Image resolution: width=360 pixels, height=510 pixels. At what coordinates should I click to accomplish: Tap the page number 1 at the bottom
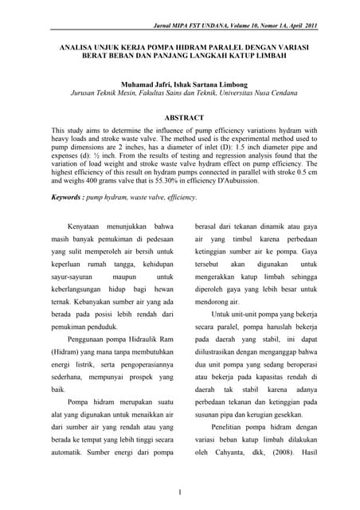pos(180,492)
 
